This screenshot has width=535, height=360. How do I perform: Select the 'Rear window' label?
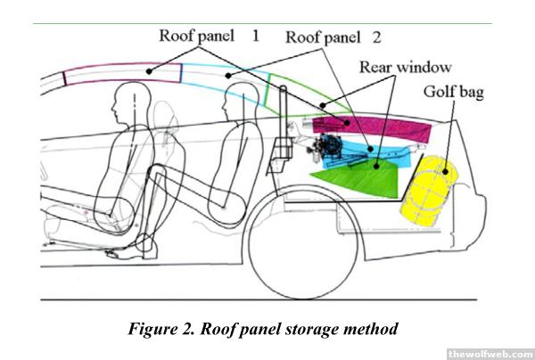[x=406, y=68]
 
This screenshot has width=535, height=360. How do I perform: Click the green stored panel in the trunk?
[x=357, y=178]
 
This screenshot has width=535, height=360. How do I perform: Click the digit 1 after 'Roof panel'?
[x=255, y=36]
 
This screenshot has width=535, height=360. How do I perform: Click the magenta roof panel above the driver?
[x=120, y=70]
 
